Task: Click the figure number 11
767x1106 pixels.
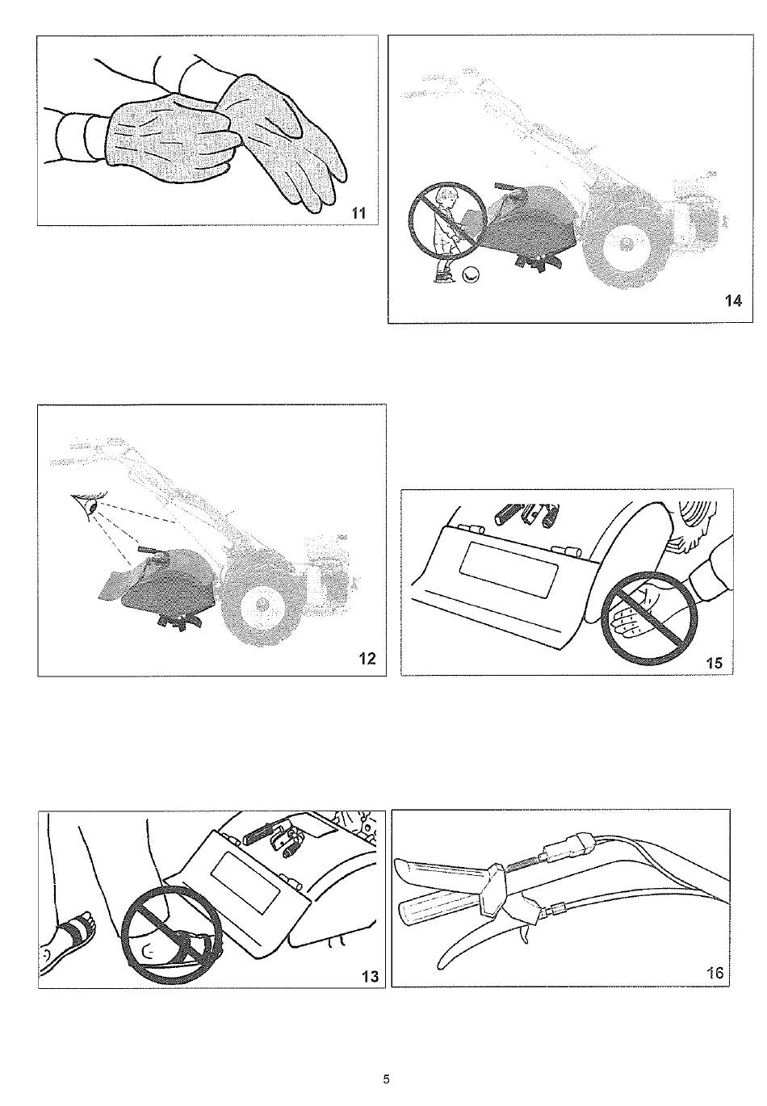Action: click(358, 213)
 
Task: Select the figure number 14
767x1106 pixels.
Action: click(733, 300)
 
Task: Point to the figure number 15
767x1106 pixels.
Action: click(715, 663)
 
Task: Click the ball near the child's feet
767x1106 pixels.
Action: click(469, 274)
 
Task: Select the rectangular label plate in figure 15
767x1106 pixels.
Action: click(509, 569)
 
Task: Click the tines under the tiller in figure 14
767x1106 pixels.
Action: click(534, 260)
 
